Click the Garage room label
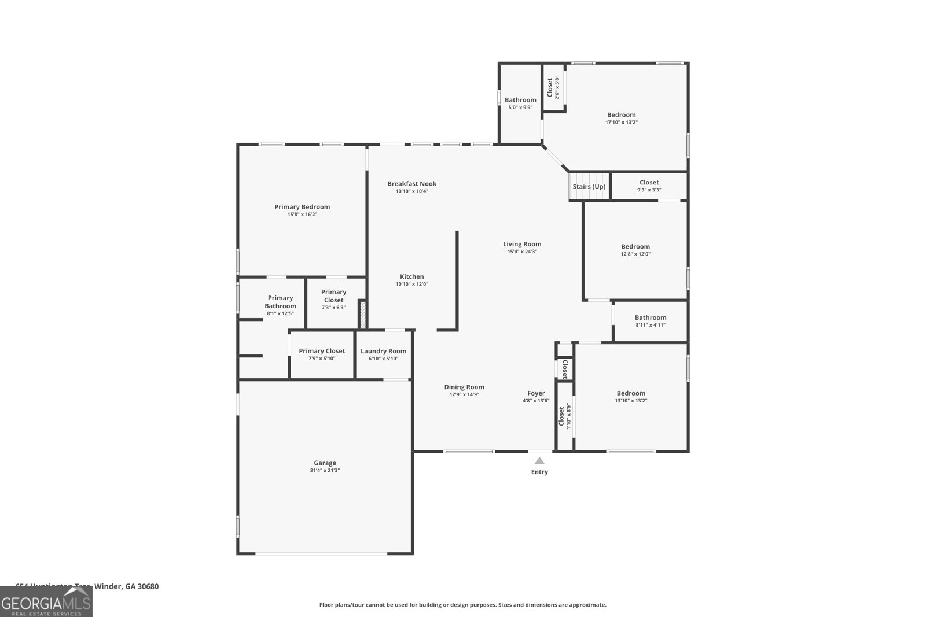[x=325, y=463]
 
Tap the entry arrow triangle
[x=539, y=461]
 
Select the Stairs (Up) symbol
[x=589, y=187]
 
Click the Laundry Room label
[x=383, y=351]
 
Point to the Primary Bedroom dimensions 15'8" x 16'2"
[x=302, y=215]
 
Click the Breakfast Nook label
[x=411, y=184]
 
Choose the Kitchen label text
[x=411, y=277]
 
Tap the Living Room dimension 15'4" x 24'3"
[x=522, y=252]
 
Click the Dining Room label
[x=464, y=387]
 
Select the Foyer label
[x=536, y=394]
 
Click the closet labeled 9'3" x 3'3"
[x=649, y=186]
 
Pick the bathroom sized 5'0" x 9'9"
[x=520, y=103]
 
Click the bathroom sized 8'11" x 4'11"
[x=651, y=321]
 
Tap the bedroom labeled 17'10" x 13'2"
[x=621, y=118]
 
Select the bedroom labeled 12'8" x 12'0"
[x=635, y=250]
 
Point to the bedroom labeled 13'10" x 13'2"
[x=631, y=396]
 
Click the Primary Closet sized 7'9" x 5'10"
[x=322, y=354]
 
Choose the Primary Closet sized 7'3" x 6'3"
[x=333, y=299]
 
